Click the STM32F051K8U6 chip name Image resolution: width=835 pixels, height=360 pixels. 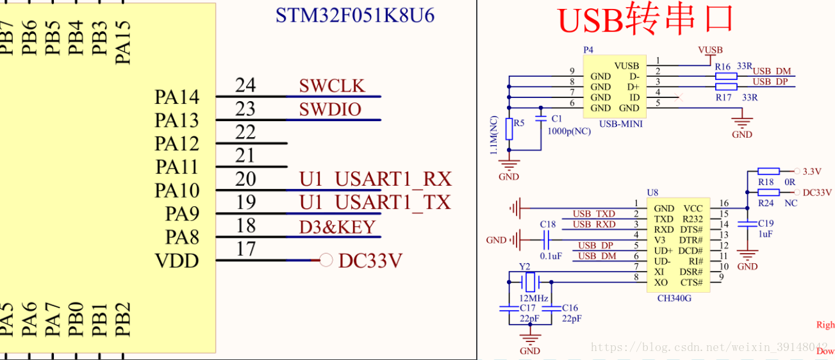coord(355,15)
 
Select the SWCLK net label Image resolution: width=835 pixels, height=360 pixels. coord(331,86)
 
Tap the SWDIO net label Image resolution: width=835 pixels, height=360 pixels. coord(330,110)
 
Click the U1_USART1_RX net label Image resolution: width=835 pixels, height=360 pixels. coord(375,179)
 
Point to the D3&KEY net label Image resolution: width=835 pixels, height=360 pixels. coord(337,227)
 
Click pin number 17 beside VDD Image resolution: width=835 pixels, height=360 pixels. coord(245,249)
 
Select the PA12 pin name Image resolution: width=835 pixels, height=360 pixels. coord(177,143)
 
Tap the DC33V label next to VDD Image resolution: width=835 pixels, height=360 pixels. coord(370,261)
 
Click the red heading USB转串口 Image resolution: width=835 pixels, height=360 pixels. coord(645,20)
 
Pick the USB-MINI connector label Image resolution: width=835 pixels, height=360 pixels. coord(620,124)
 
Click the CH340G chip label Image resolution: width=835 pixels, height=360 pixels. coord(674,298)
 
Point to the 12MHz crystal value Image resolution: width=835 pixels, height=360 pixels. coord(533,299)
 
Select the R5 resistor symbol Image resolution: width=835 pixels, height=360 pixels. coord(509,129)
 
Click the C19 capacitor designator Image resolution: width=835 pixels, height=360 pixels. coord(766,224)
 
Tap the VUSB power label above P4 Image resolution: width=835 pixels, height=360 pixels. coord(710,50)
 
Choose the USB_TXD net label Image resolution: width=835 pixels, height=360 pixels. coord(593,213)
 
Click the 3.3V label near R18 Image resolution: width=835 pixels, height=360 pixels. coord(812,172)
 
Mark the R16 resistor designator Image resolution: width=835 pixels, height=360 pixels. coord(723,67)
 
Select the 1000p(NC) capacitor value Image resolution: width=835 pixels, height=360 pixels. coord(569,131)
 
